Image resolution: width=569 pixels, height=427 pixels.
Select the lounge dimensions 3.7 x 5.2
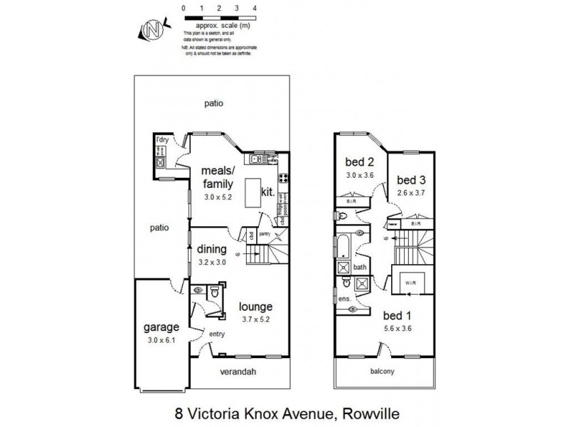coord(255,320)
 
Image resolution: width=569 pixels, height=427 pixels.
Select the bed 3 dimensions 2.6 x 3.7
coord(410,192)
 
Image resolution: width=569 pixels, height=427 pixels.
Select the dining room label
coord(212,250)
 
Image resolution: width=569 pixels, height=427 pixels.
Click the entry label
coord(216,334)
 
